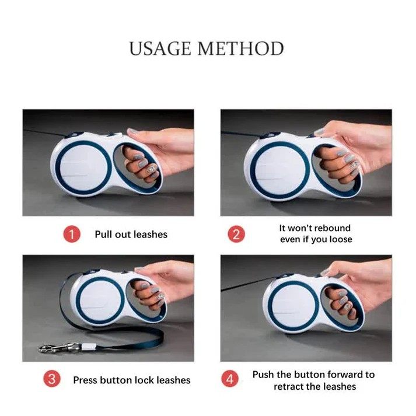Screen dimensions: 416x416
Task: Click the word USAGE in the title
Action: click(x=160, y=48)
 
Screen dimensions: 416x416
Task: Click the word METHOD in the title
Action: click(x=240, y=48)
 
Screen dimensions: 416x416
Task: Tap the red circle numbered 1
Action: click(x=72, y=235)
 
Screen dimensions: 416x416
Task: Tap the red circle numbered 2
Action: click(x=236, y=234)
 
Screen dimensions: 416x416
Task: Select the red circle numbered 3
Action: click(x=52, y=379)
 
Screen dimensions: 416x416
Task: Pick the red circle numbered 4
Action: click(x=230, y=379)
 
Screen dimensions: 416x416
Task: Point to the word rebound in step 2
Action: click(x=333, y=228)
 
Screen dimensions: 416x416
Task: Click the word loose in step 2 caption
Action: click(x=341, y=239)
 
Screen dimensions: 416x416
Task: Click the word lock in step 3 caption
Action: click(x=144, y=380)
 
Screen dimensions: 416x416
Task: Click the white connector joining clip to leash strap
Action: click(x=88, y=346)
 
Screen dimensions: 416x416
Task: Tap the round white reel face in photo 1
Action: click(x=83, y=168)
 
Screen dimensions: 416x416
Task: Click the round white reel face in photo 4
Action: click(x=293, y=305)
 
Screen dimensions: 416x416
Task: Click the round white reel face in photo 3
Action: click(x=100, y=300)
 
